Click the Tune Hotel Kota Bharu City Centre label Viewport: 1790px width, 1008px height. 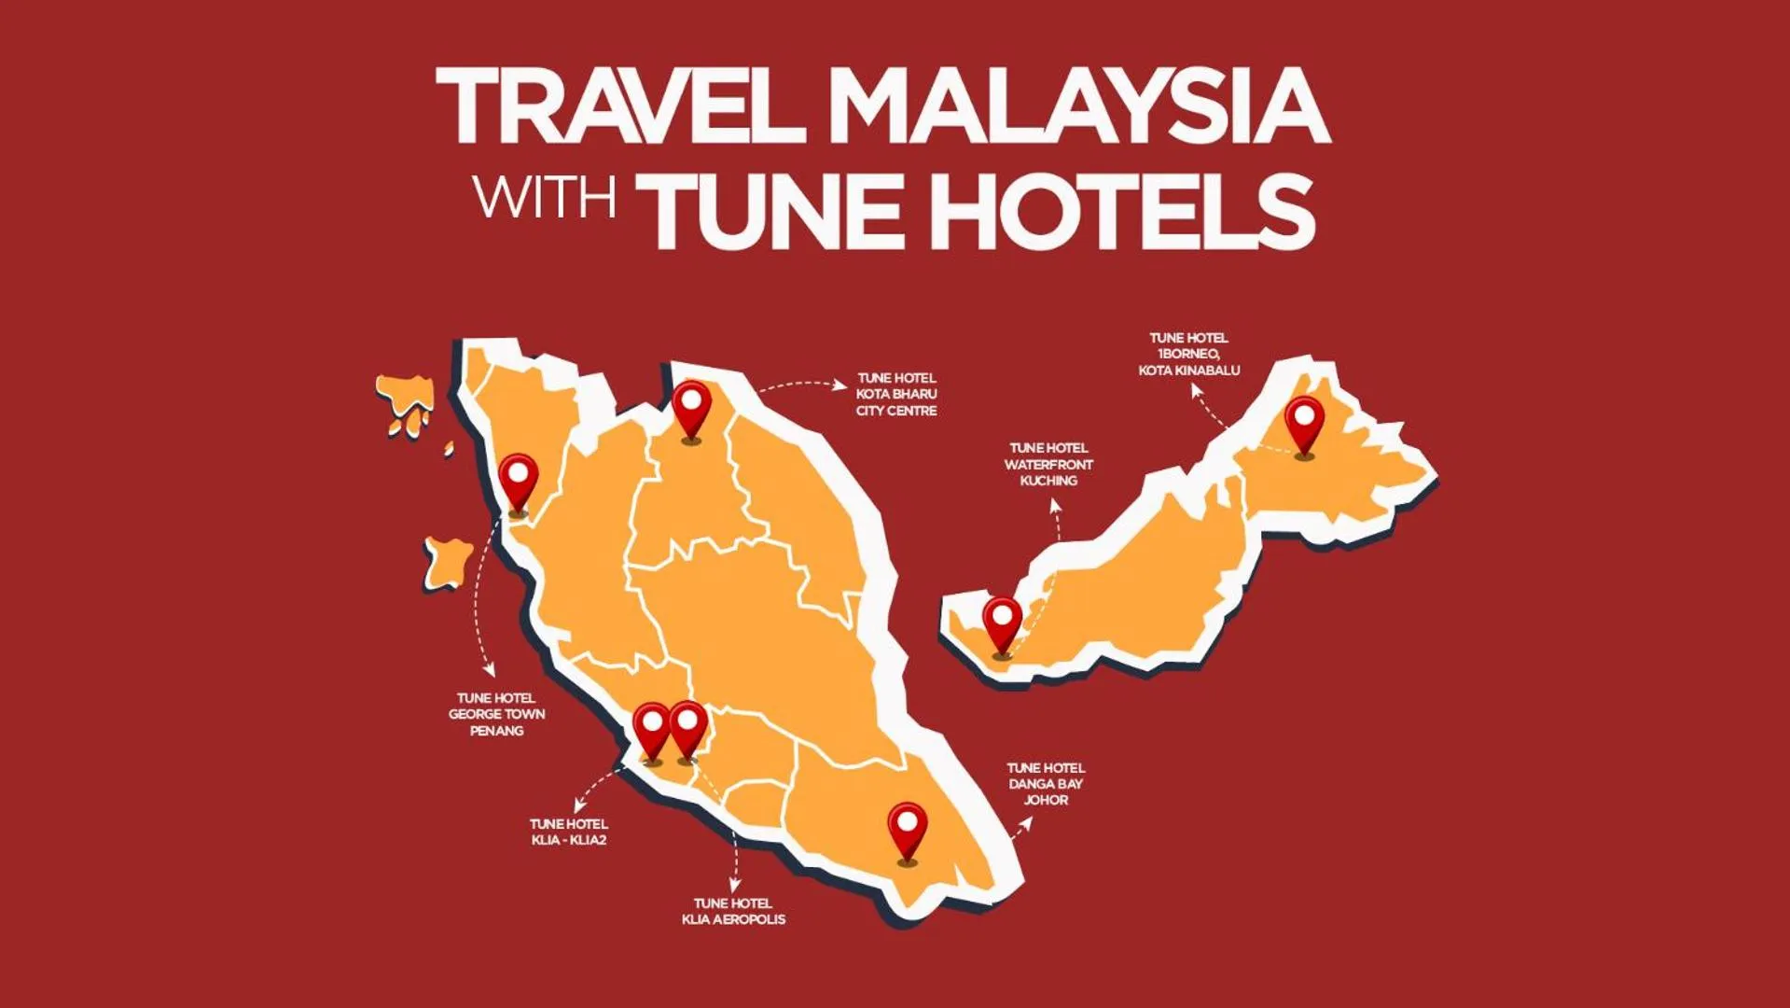[x=896, y=394]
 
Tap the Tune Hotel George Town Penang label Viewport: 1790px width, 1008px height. [x=496, y=714]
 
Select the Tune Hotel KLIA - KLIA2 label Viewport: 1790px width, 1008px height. [x=569, y=832]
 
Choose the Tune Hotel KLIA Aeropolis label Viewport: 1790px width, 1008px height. [x=733, y=911]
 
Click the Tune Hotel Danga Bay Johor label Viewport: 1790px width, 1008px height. [x=1046, y=784]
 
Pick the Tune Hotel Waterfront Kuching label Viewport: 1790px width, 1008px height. [x=1048, y=464]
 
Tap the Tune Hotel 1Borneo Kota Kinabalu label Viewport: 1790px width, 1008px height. [x=1189, y=354]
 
